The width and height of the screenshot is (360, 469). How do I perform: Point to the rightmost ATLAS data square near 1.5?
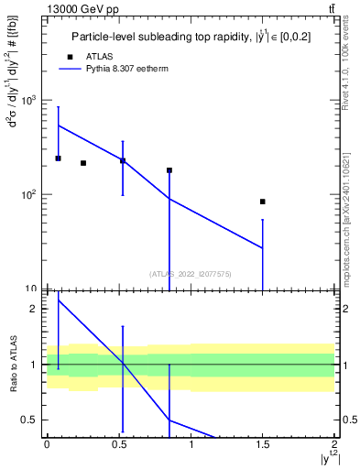(263, 202)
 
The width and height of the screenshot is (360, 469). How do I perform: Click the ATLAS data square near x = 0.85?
(169, 170)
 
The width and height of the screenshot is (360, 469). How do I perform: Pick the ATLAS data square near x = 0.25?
(83, 163)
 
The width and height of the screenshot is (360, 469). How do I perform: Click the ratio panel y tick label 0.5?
(33, 420)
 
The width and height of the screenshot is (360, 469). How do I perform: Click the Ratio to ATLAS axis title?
(13, 365)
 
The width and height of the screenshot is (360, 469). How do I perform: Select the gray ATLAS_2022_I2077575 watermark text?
(190, 273)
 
